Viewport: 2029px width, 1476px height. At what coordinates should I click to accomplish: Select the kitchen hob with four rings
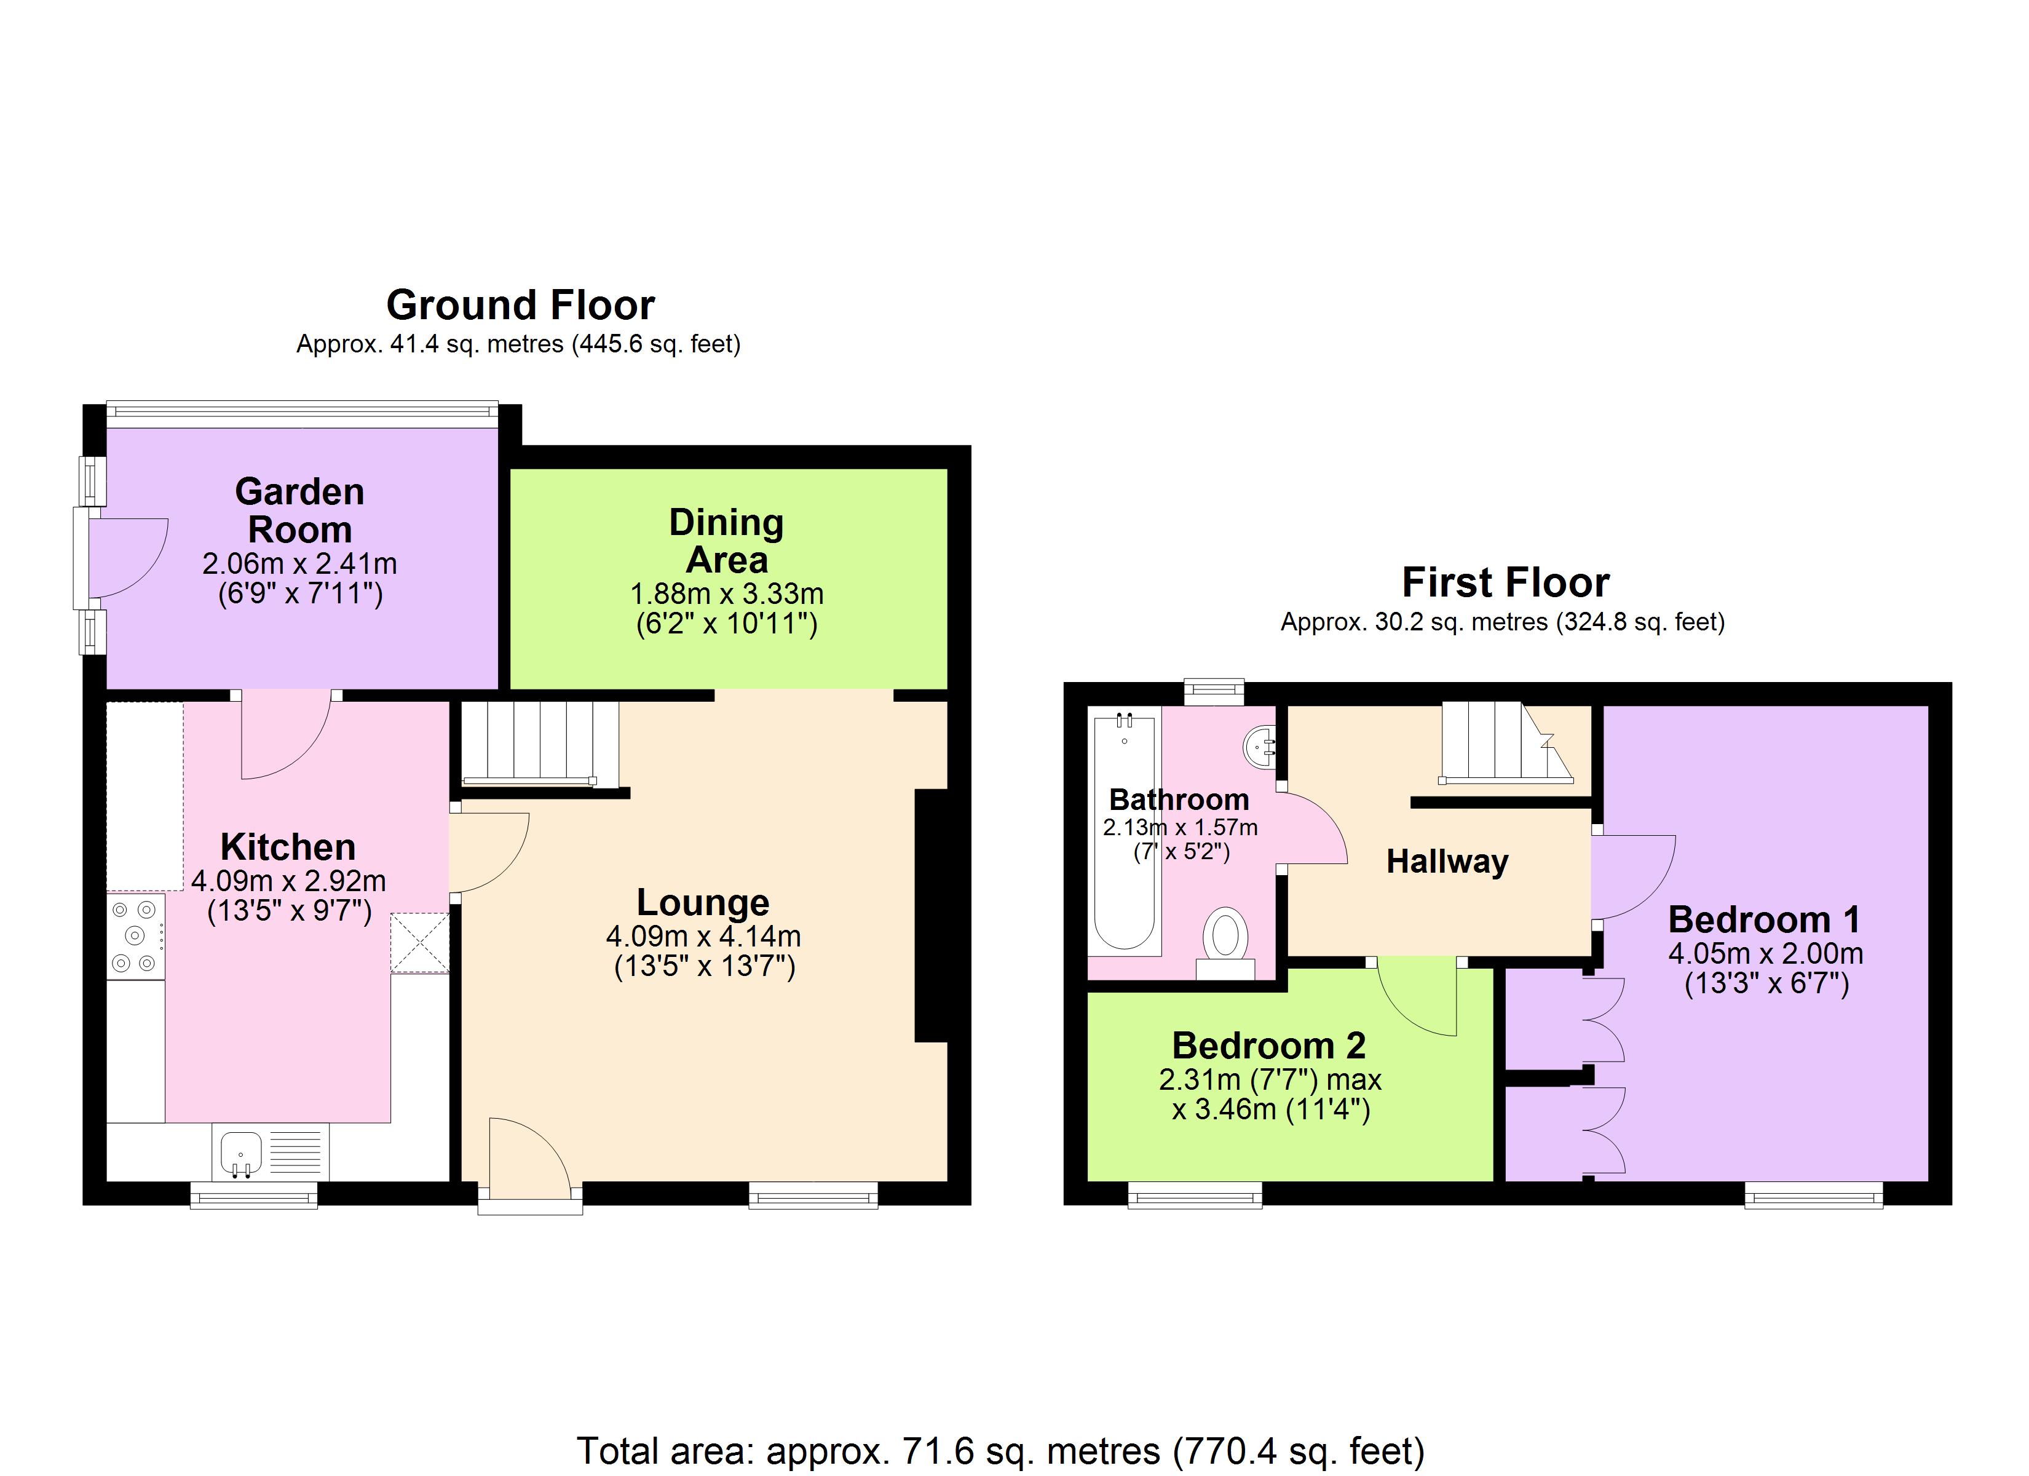[x=135, y=936]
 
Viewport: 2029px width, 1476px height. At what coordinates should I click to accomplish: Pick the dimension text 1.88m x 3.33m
[x=726, y=593]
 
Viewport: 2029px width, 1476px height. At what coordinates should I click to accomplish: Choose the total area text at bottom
[x=1000, y=1451]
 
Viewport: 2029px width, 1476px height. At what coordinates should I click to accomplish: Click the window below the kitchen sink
[x=254, y=1195]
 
